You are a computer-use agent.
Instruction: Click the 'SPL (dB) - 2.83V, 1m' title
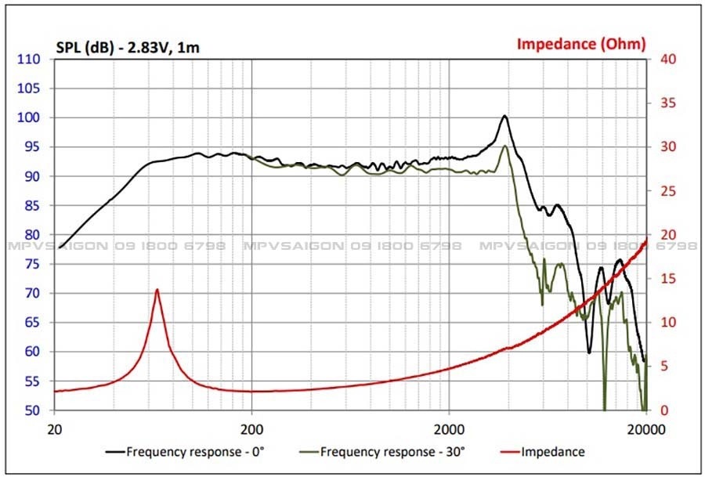click(x=128, y=48)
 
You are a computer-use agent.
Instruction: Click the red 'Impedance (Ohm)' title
click(x=580, y=44)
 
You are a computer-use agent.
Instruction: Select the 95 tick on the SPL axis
click(x=31, y=147)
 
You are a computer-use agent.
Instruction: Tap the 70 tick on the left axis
click(x=31, y=294)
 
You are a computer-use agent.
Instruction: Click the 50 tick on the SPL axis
click(x=31, y=410)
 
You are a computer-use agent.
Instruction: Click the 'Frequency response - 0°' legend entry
click(x=189, y=452)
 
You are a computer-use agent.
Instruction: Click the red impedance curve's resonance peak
click(x=157, y=290)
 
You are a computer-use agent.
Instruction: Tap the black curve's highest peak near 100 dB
click(x=504, y=116)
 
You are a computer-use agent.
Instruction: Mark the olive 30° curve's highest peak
click(x=505, y=146)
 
